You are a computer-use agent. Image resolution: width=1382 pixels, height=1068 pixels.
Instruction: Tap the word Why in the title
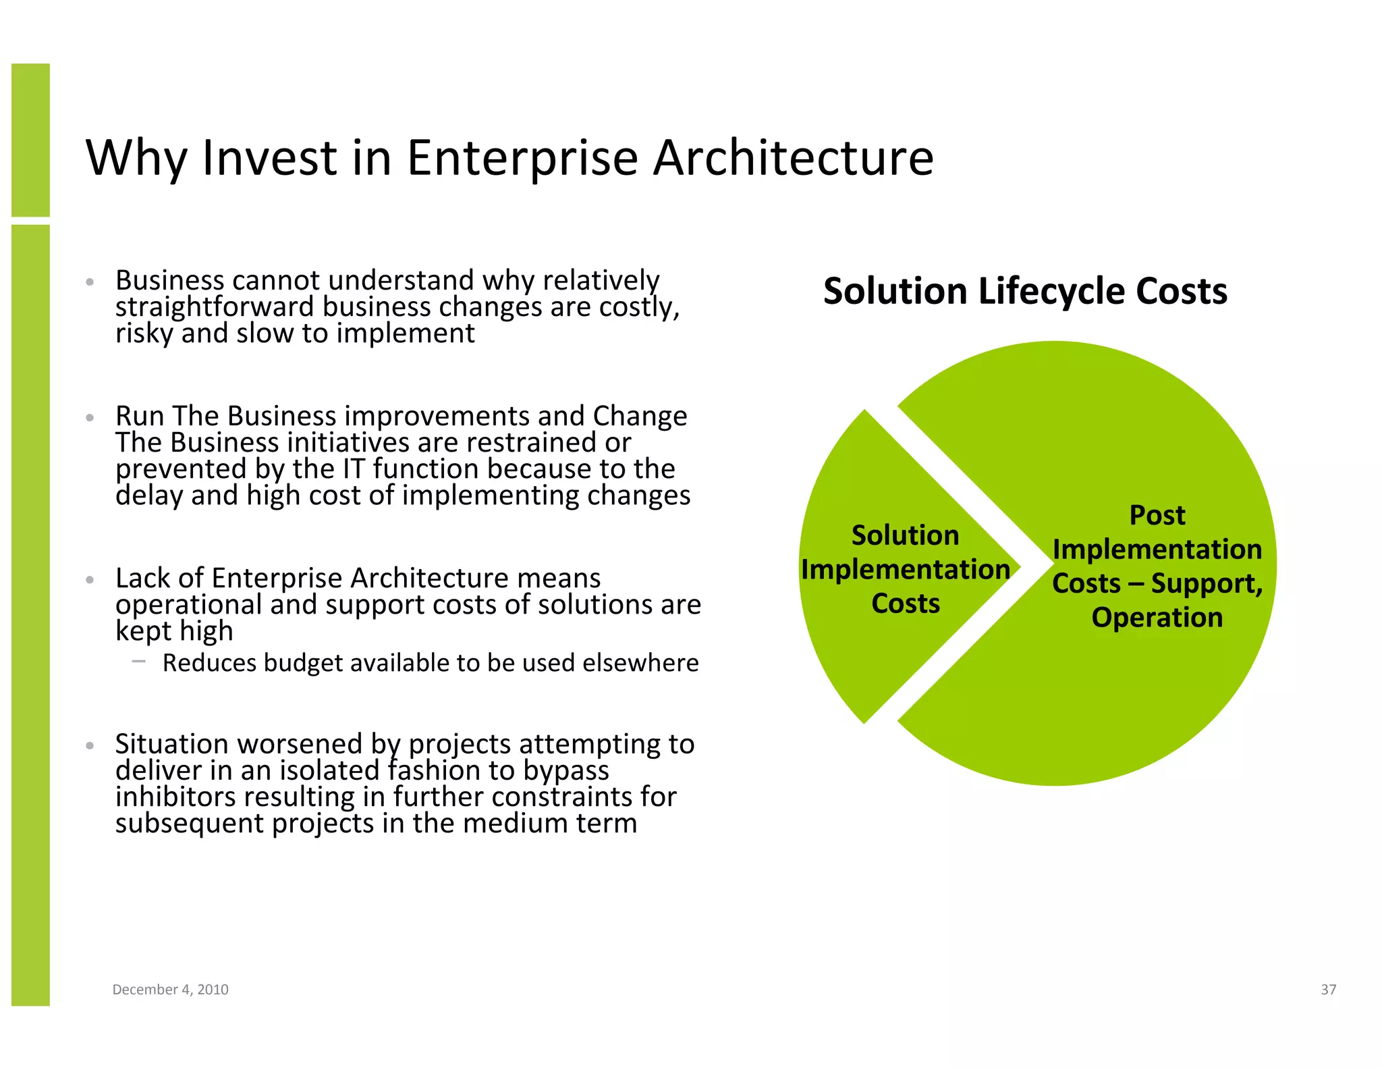(x=136, y=158)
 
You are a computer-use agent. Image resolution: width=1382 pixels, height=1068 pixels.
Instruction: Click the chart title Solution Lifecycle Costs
(x=1024, y=292)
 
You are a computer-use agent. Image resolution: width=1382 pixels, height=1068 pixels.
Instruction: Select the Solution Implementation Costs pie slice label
(x=905, y=569)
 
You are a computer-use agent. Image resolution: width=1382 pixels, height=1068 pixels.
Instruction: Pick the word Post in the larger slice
(x=1157, y=516)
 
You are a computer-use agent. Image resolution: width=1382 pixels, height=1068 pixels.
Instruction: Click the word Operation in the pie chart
(x=1157, y=618)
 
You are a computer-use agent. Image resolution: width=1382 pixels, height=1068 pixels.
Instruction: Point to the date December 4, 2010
(x=170, y=989)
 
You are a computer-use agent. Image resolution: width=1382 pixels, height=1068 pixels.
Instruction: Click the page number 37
(x=1328, y=989)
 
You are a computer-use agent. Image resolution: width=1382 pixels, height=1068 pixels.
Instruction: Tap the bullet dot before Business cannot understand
(x=90, y=282)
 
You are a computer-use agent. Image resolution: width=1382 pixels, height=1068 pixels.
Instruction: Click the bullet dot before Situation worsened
(x=90, y=746)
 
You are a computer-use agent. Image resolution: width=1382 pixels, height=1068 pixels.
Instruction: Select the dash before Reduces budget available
(x=139, y=662)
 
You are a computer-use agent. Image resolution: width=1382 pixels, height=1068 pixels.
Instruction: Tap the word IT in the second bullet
(x=354, y=469)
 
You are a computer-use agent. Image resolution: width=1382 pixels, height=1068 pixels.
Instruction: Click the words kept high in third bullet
(x=174, y=631)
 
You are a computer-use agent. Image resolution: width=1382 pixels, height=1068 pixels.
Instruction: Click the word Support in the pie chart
(x=1206, y=584)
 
